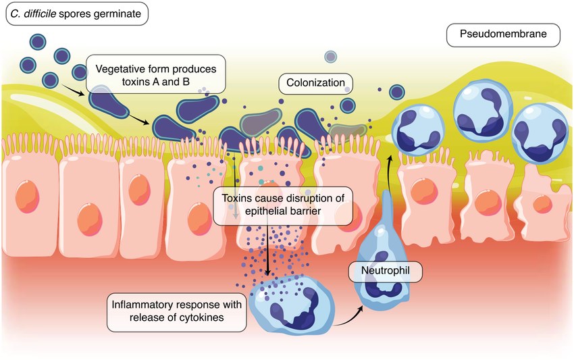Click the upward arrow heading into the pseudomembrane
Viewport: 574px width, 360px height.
[x=390, y=162]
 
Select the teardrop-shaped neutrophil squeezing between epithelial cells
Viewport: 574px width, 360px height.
[x=384, y=250]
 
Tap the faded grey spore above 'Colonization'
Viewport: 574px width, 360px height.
[x=330, y=57]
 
